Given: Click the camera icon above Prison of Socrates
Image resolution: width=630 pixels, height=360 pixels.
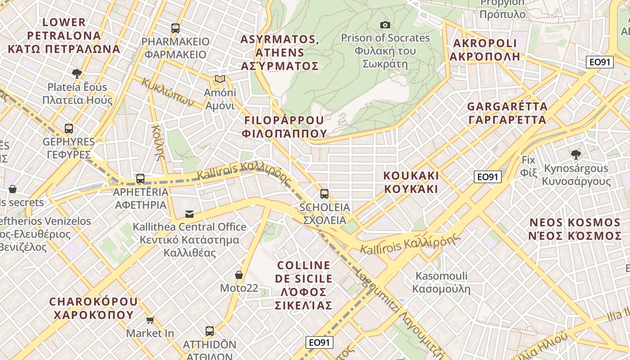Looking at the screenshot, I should coord(385,25).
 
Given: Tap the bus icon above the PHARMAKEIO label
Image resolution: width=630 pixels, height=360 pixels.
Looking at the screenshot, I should coord(175,28).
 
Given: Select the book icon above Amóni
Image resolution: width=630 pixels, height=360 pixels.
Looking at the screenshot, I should coord(220,79).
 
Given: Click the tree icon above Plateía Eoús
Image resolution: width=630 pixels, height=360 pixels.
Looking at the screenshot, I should coord(77,73).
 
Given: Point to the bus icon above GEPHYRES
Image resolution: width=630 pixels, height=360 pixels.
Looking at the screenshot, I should coord(69,129).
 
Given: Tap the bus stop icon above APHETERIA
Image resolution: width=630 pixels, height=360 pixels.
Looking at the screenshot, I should coord(140,179).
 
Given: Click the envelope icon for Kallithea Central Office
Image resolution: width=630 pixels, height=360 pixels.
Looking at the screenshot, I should coord(189,214).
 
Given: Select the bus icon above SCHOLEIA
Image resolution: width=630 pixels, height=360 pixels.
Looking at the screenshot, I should coord(324,194).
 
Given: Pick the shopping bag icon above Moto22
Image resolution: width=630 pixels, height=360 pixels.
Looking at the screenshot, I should coord(239,274).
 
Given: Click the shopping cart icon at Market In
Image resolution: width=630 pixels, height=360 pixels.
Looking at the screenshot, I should coord(150,320).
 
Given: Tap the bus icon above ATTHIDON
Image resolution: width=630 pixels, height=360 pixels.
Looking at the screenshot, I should coord(210,331).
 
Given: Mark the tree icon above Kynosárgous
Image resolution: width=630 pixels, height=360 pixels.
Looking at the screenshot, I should coord(576,155).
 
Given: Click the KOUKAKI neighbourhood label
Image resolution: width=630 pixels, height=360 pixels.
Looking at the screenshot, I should coord(411,182).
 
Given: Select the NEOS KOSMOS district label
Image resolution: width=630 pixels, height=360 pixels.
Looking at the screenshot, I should coord(575,229).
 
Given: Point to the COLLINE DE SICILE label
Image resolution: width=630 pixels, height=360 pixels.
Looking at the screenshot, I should coord(304,285).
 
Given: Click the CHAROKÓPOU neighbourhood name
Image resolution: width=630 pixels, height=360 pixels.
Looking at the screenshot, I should coord(94,308).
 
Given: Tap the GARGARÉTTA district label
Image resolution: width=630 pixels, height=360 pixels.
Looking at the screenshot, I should coord(507,113).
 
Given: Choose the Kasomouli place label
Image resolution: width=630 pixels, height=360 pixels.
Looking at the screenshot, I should coord(441,282).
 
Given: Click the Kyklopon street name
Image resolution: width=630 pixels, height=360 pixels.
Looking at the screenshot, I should coord(168,92).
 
